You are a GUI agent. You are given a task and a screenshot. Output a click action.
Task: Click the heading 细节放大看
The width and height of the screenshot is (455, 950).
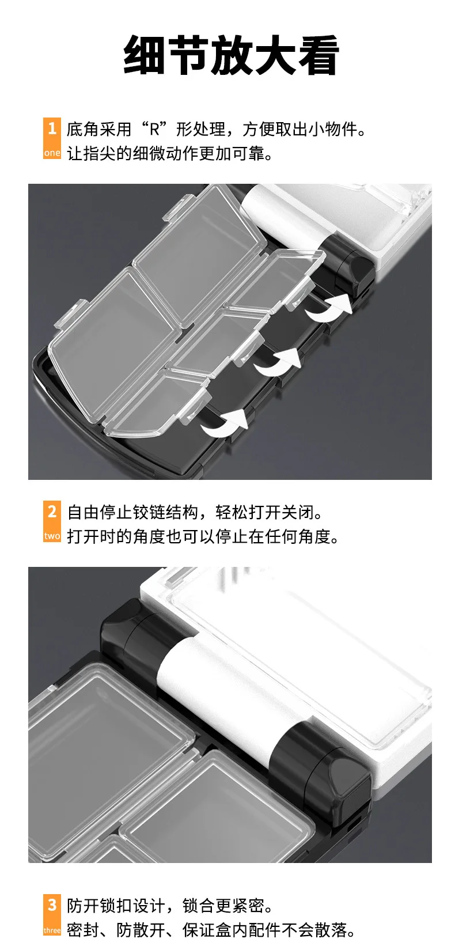[x=231, y=55]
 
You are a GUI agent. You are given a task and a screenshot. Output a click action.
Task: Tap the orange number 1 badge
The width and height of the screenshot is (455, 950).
[x=52, y=138]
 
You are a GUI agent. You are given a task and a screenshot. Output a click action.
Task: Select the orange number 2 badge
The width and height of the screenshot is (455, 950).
[x=52, y=521]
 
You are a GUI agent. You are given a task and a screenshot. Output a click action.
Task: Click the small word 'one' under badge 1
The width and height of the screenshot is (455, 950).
[x=52, y=153]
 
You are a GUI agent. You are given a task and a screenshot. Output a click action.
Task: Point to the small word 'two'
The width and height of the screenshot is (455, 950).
[x=52, y=536]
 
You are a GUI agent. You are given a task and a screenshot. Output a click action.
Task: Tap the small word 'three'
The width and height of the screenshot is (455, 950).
[x=52, y=930]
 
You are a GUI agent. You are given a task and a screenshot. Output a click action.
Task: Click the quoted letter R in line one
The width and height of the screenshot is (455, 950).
[x=154, y=129]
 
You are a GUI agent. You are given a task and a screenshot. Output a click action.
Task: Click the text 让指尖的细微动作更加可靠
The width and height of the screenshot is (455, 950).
[x=170, y=153]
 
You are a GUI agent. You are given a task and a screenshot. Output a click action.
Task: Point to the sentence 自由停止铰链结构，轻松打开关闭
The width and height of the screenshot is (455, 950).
[x=195, y=512]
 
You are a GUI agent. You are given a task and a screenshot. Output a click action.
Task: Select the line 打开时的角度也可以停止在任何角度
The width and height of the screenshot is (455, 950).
[x=203, y=536]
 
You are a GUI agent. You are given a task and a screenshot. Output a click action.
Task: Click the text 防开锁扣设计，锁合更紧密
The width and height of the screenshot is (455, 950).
[x=170, y=906]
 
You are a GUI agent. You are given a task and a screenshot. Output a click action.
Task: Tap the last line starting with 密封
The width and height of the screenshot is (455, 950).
[x=211, y=930]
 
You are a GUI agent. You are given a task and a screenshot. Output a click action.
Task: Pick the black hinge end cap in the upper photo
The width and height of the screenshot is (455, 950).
[x=348, y=263]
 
